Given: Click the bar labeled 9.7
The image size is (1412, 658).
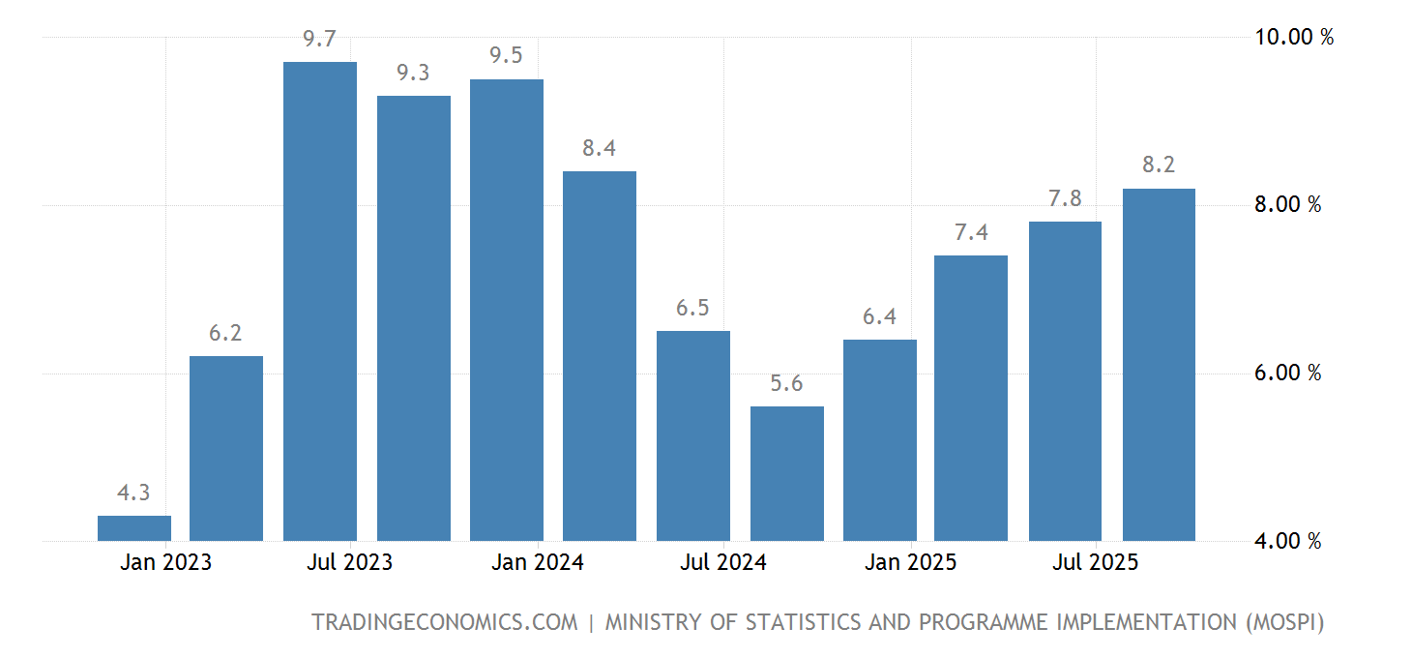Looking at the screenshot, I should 319,301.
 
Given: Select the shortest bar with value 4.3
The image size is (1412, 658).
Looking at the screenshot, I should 134,528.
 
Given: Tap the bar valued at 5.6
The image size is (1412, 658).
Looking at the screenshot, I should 786,473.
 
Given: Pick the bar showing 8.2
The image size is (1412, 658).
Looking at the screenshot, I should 1159,365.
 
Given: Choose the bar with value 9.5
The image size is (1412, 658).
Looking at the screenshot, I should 506,310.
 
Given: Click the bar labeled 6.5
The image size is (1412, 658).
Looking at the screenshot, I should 692,435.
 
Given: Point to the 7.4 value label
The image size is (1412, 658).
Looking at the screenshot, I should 971,232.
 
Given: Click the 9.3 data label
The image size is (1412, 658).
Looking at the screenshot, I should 413,73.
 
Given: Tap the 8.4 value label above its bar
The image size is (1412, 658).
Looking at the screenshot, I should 600,148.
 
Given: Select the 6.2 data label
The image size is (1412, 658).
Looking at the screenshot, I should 225,333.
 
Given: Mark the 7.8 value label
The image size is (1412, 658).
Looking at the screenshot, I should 1065,198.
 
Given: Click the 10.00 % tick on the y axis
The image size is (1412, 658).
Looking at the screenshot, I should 1294,38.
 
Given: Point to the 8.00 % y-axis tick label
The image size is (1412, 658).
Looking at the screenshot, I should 1287,205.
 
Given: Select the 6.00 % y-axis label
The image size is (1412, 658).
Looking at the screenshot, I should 1287,374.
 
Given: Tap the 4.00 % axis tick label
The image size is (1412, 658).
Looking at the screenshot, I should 1287,542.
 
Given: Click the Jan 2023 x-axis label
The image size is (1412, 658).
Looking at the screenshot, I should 165,562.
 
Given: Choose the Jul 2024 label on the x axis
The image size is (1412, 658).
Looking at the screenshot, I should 723,562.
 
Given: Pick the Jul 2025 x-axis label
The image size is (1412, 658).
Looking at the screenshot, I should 1095,562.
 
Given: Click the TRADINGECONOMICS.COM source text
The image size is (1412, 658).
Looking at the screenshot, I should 444,622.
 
